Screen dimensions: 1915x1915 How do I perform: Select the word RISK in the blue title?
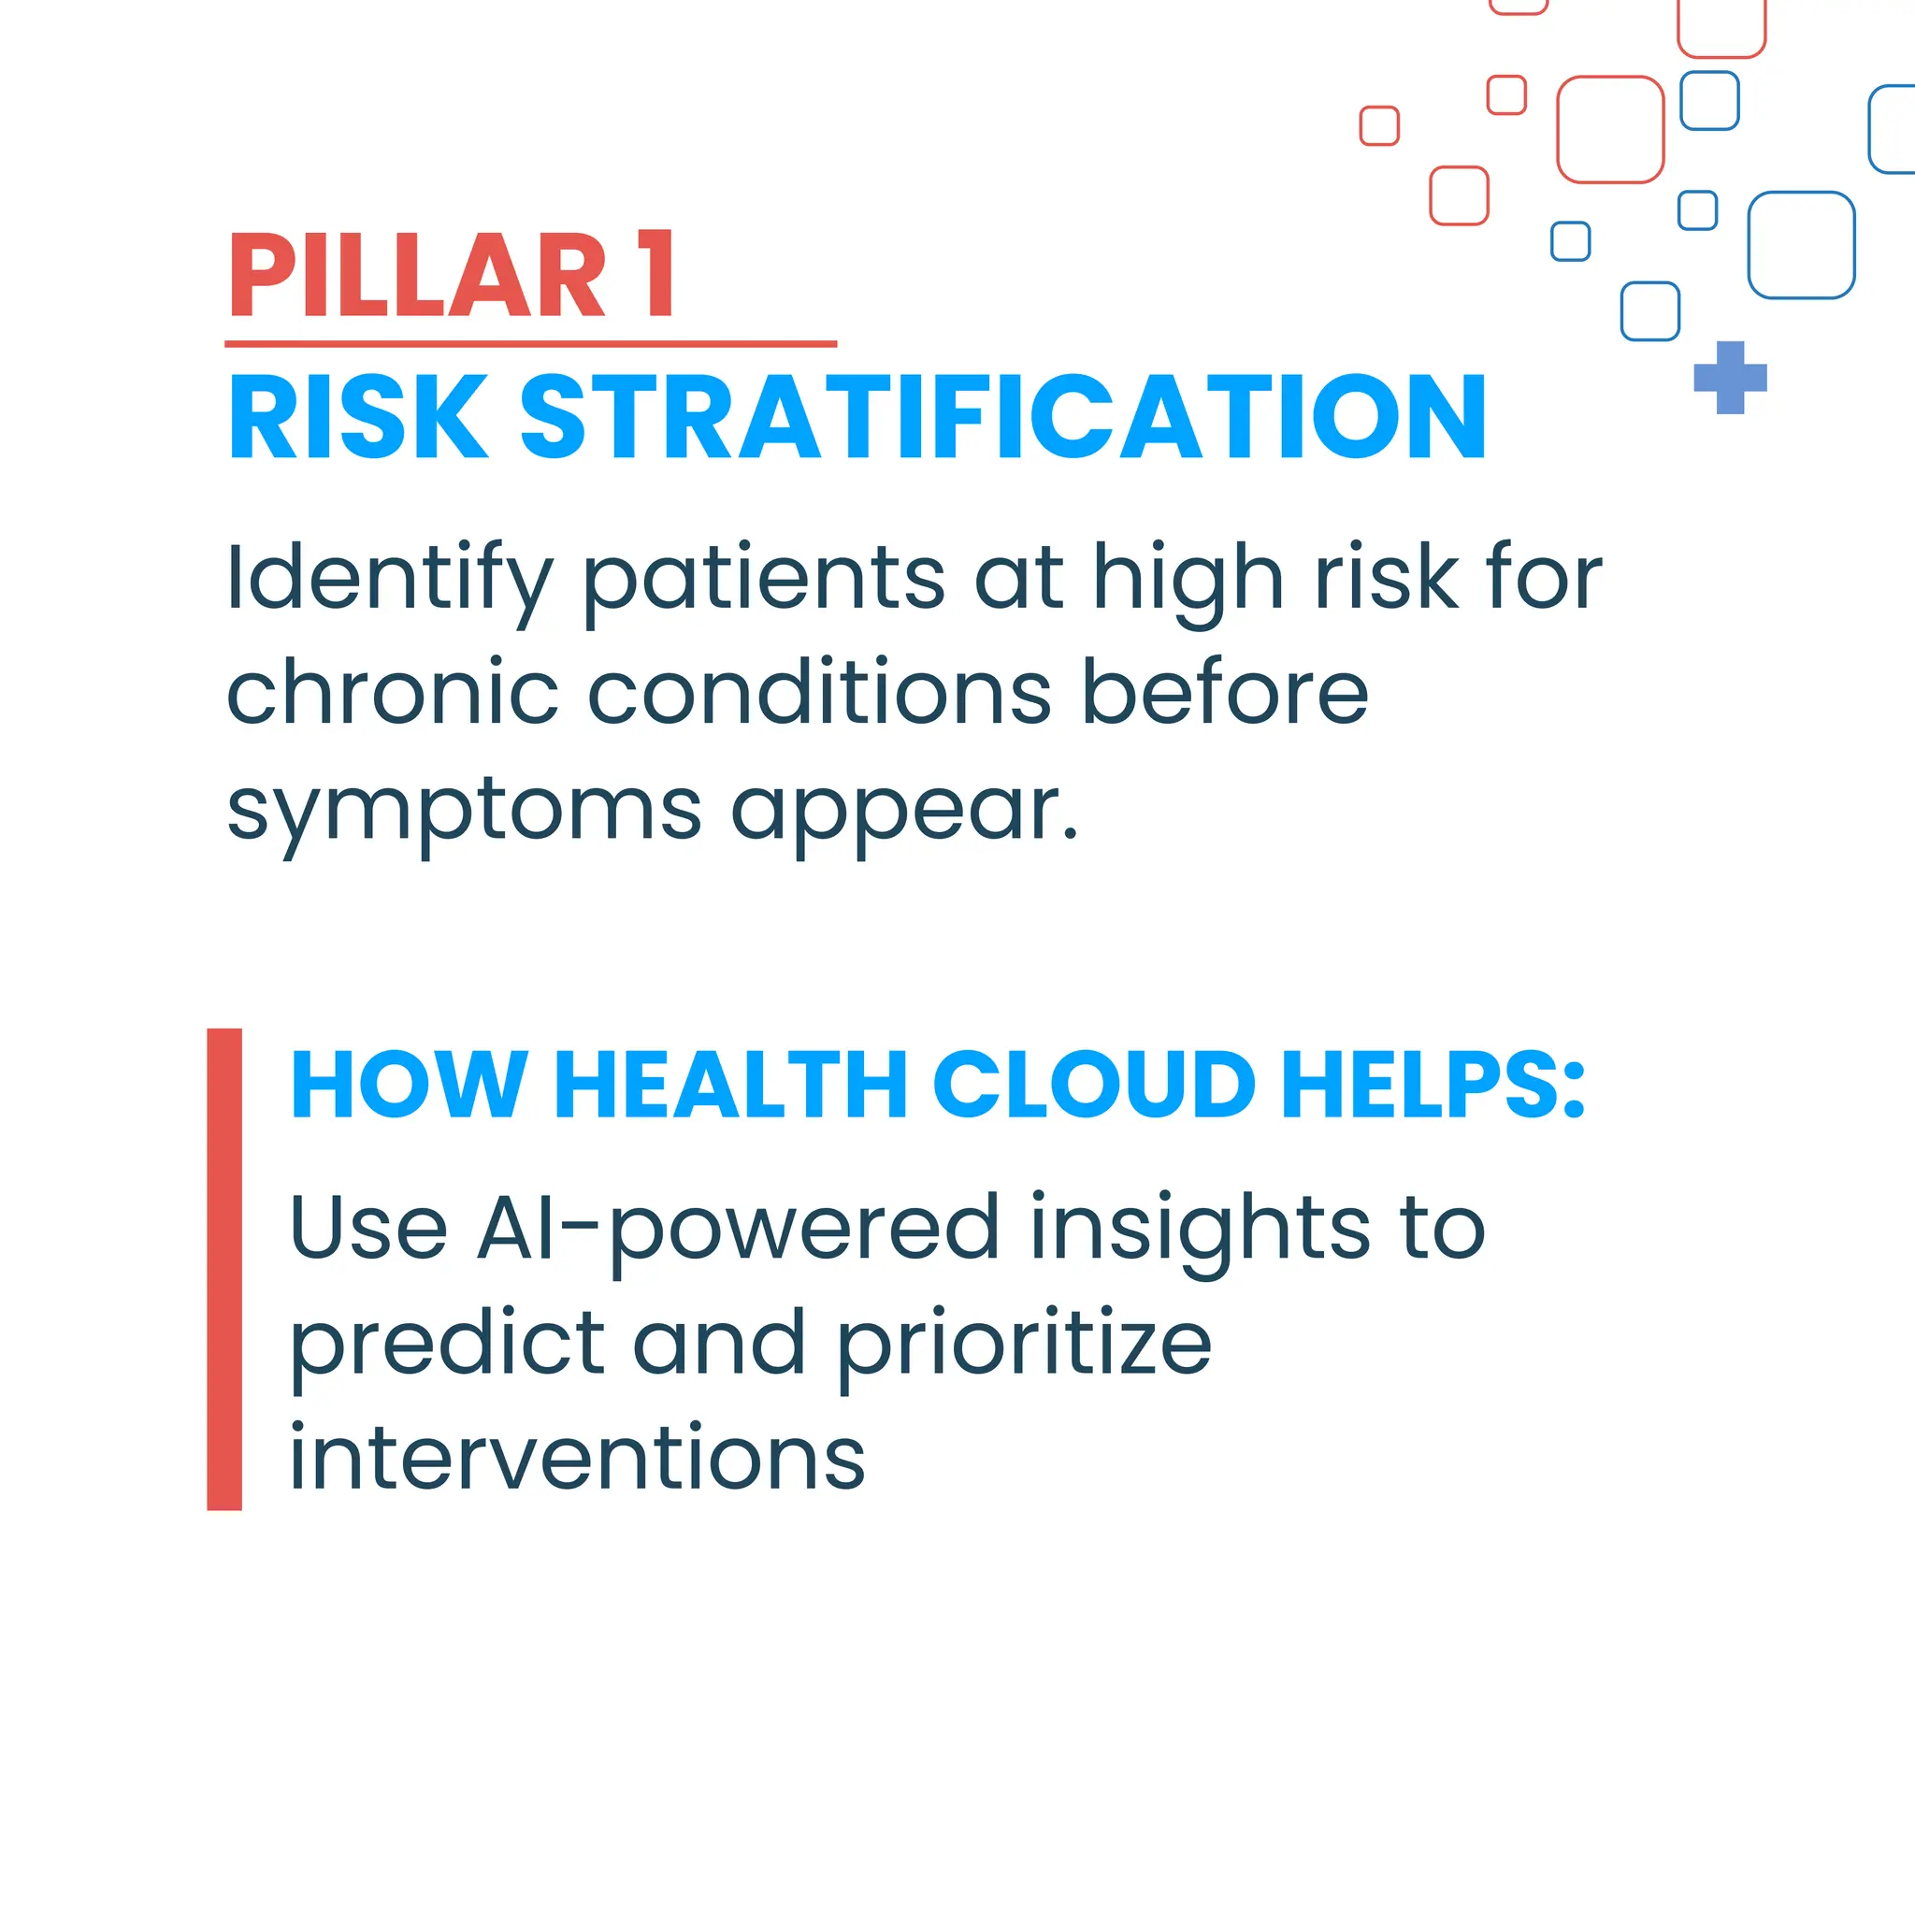point(357,417)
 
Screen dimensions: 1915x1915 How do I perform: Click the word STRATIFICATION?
point(1002,417)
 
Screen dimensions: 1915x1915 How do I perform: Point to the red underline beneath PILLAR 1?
point(530,344)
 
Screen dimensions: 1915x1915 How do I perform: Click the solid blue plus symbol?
point(1731,377)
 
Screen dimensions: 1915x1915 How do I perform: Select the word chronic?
point(393,693)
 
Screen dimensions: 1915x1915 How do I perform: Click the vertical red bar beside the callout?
point(224,1269)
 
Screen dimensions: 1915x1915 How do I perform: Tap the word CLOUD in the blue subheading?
point(1094,1085)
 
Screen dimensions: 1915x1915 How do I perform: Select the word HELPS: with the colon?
point(1433,1085)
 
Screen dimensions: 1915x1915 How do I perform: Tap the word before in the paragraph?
point(1224,693)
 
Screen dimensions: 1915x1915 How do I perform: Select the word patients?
point(763,580)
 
